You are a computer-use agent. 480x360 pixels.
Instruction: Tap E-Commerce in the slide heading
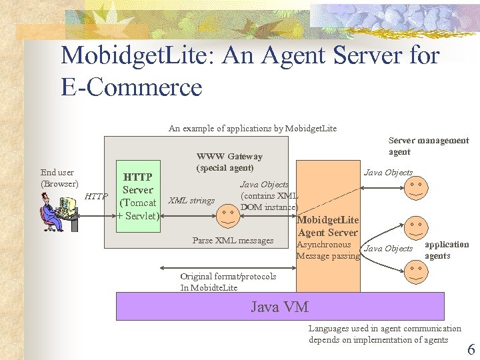131,87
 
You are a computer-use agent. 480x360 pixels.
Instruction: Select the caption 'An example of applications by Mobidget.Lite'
253,128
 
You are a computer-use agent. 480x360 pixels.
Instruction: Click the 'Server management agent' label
428,146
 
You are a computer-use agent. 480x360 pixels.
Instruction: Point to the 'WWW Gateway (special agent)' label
229,162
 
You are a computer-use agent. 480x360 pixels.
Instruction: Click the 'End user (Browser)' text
59,178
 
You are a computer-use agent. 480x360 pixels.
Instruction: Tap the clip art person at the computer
59,211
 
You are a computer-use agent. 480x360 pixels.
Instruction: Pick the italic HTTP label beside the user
97,196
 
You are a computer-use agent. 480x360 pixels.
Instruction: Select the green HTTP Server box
138,196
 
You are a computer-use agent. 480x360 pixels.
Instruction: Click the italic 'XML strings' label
191,200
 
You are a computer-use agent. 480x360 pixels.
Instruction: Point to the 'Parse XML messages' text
233,240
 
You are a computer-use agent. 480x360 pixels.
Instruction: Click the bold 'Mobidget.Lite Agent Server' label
328,226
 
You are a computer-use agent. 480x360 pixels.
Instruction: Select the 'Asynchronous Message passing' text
327,251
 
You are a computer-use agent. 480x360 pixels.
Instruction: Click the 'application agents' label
446,250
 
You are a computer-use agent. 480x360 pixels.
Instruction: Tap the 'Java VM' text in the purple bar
279,307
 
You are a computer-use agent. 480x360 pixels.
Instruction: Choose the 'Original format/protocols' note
228,276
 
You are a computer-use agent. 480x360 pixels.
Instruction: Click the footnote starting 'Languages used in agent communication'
384,334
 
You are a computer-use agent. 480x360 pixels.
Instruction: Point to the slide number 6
471,349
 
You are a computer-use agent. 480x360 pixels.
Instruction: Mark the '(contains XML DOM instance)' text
269,201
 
